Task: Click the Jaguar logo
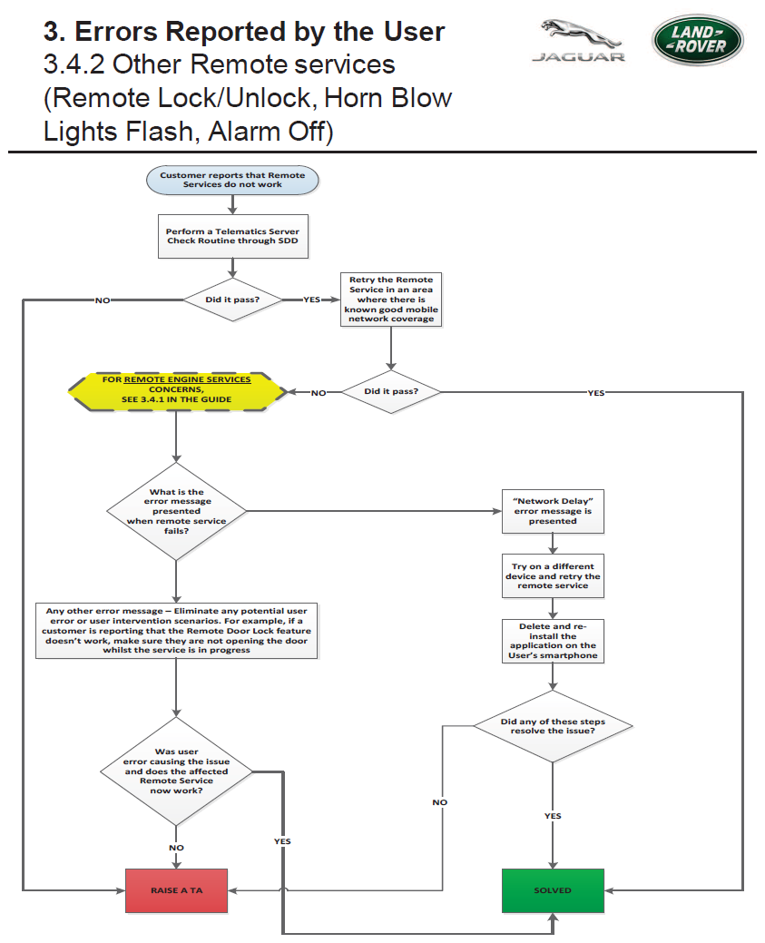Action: tap(579, 40)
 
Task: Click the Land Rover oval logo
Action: tap(698, 40)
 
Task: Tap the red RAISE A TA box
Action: tap(176, 890)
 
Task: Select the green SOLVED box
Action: tap(553, 890)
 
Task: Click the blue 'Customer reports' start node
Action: tap(232, 180)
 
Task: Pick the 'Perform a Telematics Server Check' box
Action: tap(232, 236)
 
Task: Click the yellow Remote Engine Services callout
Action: tap(177, 391)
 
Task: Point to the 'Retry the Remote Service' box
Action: tap(391, 299)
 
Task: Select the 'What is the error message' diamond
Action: tap(176, 511)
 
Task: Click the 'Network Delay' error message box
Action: tap(553, 511)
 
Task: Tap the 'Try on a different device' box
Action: tap(553, 575)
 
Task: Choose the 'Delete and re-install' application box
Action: tap(553, 641)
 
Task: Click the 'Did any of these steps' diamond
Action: tap(553, 726)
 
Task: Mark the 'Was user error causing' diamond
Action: tap(176, 771)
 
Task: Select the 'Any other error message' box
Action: tap(176, 630)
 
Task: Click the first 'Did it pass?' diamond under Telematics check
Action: tap(232, 300)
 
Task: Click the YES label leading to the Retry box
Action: tap(311, 300)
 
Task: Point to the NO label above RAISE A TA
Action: tap(176, 848)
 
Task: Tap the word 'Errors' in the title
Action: tap(116, 31)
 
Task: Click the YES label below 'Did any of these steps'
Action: tap(553, 816)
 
